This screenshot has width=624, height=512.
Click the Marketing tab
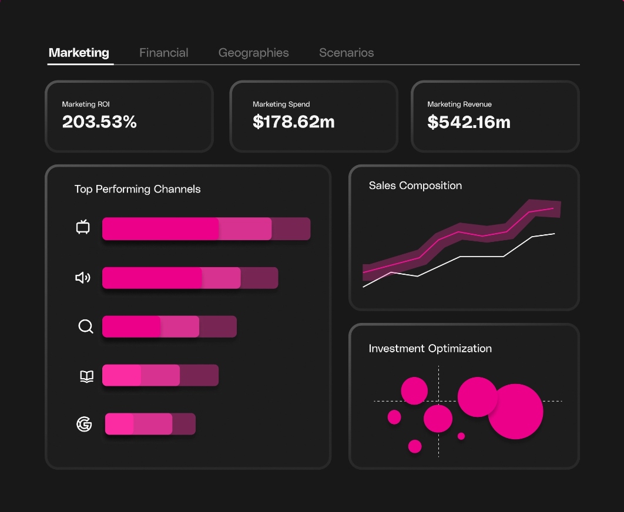coord(79,53)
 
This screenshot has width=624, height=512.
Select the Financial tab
coord(163,53)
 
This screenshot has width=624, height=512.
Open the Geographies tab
coord(253,53)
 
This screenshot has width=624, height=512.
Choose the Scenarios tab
coord(346,53)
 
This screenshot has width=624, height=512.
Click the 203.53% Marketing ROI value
coord(99,122)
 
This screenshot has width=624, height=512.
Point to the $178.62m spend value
coord(293,122)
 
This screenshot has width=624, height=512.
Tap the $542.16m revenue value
coord(468,122)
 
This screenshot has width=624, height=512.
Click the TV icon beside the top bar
coord(83,227)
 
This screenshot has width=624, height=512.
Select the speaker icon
coord(83,278)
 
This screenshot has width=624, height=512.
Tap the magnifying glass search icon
coord(86,326)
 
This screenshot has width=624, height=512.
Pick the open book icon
coord(86,376)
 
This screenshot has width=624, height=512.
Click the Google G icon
coord(85,424)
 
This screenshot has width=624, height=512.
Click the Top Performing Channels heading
coord(137,189)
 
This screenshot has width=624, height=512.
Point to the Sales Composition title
coord(415,186)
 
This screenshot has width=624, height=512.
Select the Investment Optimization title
coord(430,348)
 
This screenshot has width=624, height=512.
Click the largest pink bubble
coord(515,412)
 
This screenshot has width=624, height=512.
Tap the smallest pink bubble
coord(461,436)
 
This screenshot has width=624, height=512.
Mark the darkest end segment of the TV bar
coord(291,229)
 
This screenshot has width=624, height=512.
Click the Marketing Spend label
coord(281,104)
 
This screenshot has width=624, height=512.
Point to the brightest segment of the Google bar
coord(119,424)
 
